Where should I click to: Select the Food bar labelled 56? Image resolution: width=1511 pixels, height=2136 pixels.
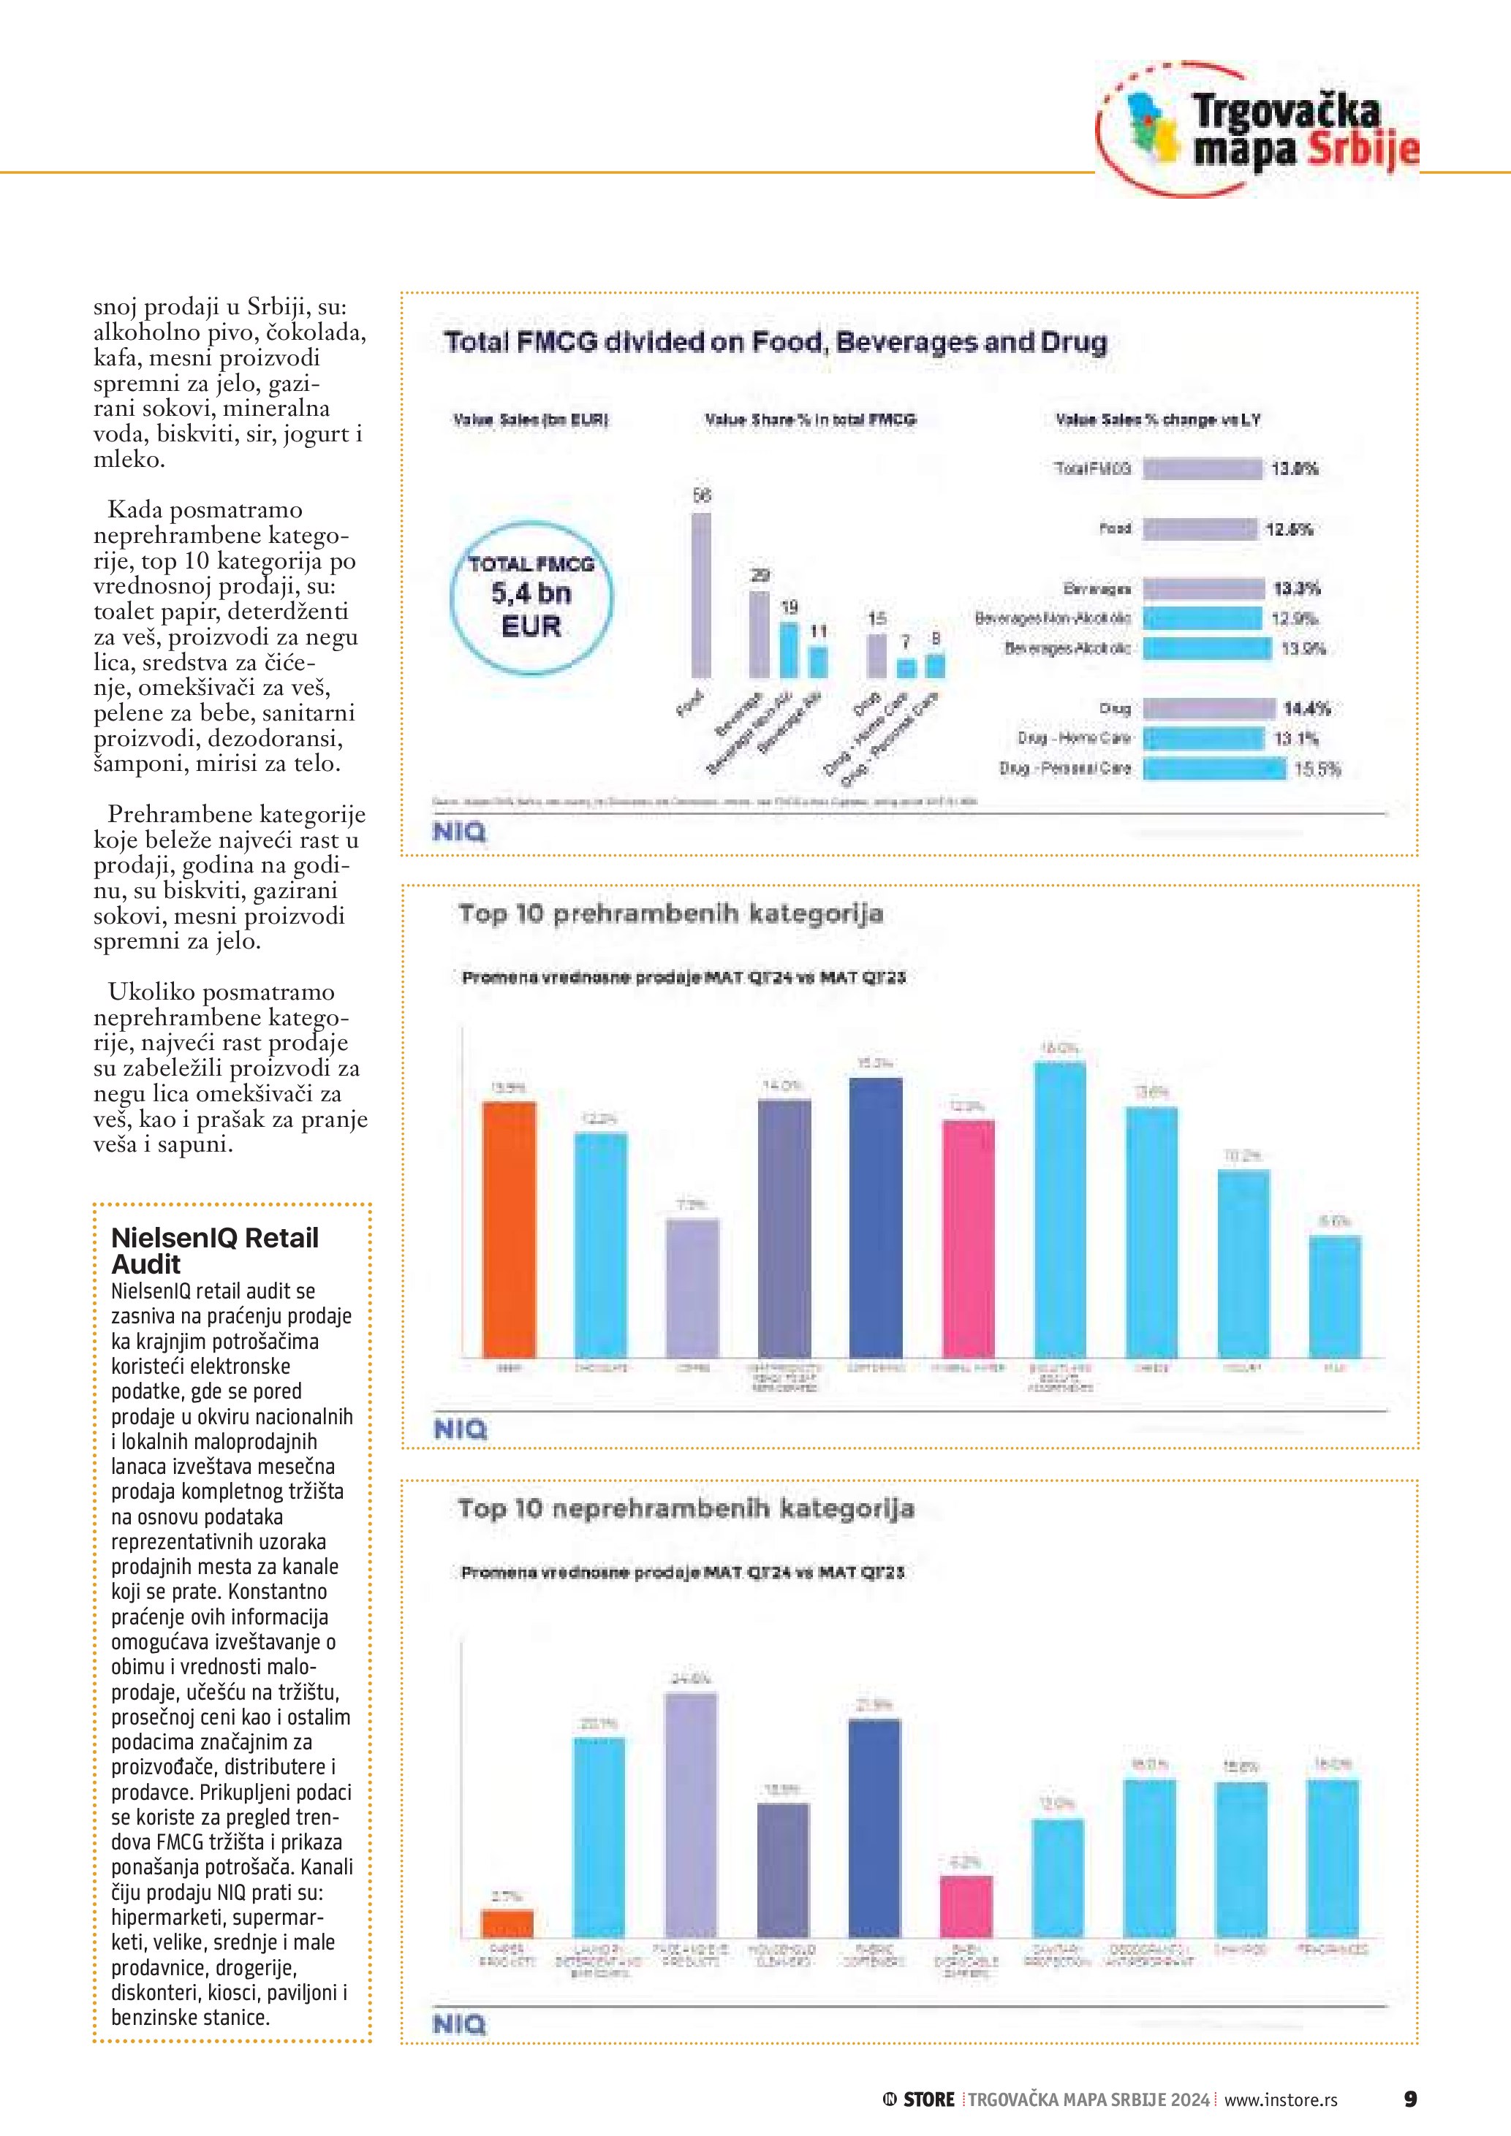tap(702, 596)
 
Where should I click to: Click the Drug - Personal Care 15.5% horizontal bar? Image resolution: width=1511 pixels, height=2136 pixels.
tap(1214, 769)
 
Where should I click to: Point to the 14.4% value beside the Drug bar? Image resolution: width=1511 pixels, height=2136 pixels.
tap(1306, 709)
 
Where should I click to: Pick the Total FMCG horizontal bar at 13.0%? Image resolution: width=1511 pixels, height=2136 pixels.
tap(1202, 469)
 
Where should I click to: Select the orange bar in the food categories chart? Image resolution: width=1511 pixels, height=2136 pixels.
tap(509, 1229)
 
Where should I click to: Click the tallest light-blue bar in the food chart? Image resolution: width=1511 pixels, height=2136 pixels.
tap(1060, 1209)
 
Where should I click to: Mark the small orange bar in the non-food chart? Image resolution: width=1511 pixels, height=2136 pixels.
tap(507, 1923)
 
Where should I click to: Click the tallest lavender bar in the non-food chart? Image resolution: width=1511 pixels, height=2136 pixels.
tap(692, 1814)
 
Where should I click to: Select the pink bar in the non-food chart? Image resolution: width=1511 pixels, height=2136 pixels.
tap(966, 1907)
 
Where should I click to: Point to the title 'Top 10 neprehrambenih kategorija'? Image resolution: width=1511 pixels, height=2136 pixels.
tap(686, 1508)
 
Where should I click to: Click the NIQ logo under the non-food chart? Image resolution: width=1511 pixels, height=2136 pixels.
tap(460, 2024)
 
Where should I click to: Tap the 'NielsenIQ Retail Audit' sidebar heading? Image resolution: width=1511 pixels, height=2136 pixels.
tap(214, 1250)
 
